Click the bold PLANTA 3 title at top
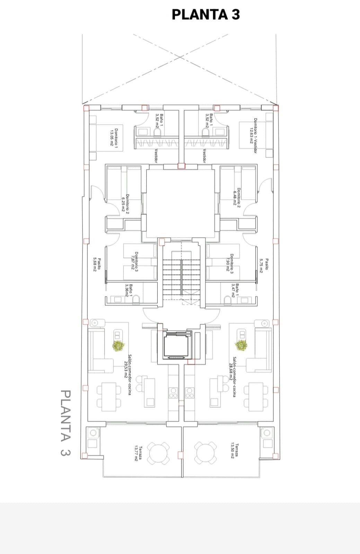(206, 14)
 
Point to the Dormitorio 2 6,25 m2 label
(125, 204)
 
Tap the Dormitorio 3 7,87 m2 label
(134, 262)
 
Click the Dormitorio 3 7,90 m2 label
(229, 264)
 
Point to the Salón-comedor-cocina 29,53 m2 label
(128, 375)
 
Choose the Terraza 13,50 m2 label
(234, 451)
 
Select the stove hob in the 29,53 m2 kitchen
(173, 393)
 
